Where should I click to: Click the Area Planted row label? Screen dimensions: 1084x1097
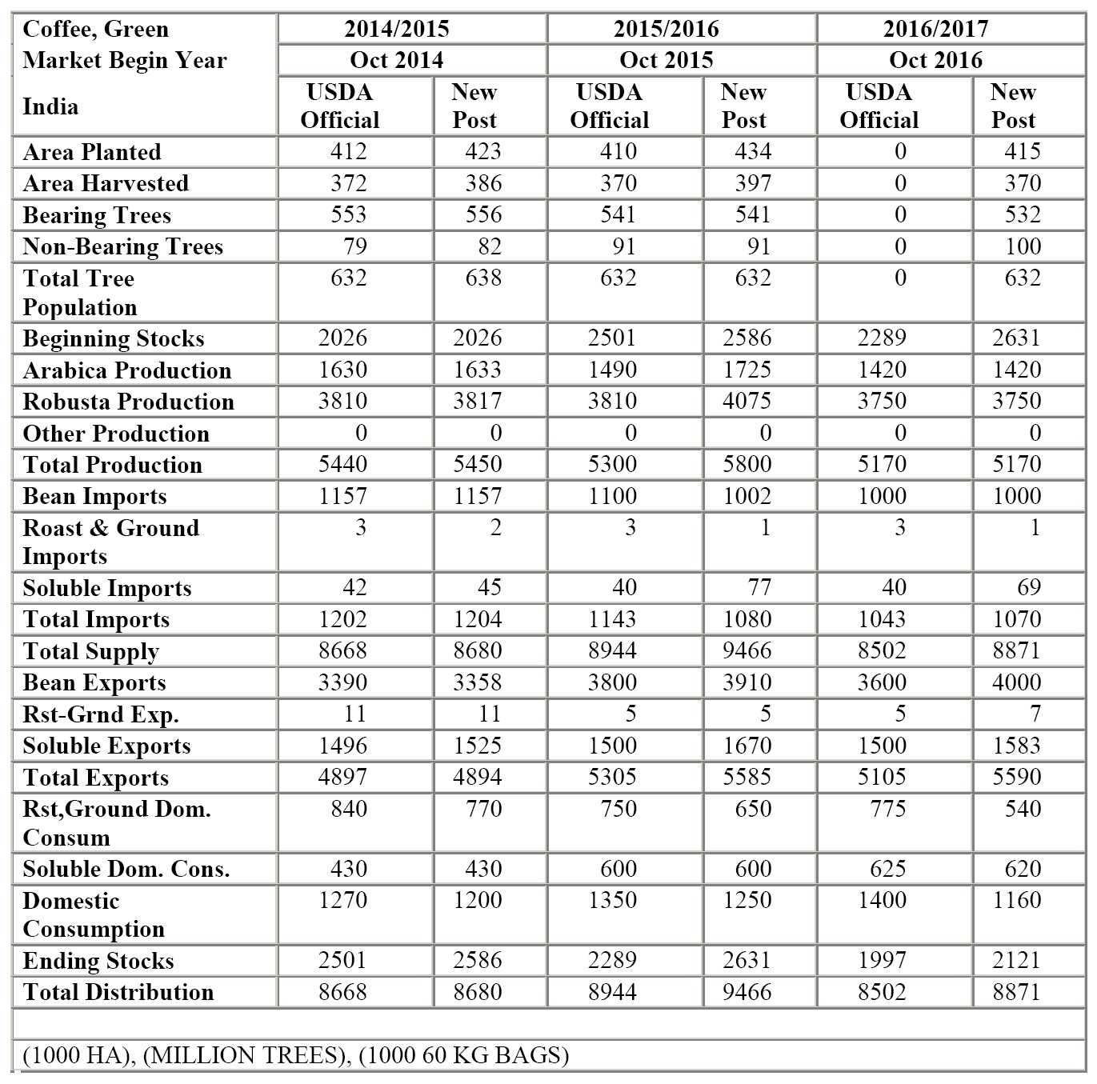click(92, 152)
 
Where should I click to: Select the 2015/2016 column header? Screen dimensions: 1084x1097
click(666, 29)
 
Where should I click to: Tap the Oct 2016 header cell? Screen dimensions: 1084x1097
click(935, 60)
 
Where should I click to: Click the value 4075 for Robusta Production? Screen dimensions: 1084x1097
click(747, 401)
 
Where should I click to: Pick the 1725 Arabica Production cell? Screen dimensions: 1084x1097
click(747, 370)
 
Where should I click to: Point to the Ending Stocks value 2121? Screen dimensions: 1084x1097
click(1016, 960)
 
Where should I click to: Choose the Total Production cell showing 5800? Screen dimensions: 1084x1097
click(747, 464)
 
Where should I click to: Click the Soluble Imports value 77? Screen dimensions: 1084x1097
click(759, 587)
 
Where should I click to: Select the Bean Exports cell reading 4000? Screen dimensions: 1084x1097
click(1016, 682)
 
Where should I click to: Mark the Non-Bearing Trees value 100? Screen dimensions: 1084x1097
click(1023, 246)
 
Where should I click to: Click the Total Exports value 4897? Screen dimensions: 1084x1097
click(342, 777)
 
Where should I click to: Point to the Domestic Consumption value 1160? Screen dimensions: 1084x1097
click(1016, 900)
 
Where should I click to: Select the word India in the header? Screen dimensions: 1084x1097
click(50, 106)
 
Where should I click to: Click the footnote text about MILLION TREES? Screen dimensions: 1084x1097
click(295, 1055)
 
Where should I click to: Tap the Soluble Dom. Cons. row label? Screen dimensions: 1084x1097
click(126, 869)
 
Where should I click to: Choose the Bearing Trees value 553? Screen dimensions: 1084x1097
click(348, 214)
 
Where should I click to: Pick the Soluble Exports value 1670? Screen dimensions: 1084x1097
click(747, 746)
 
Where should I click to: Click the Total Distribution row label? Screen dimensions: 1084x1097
click(118, 992)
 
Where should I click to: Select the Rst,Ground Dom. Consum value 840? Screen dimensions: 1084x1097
click(348, 809)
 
